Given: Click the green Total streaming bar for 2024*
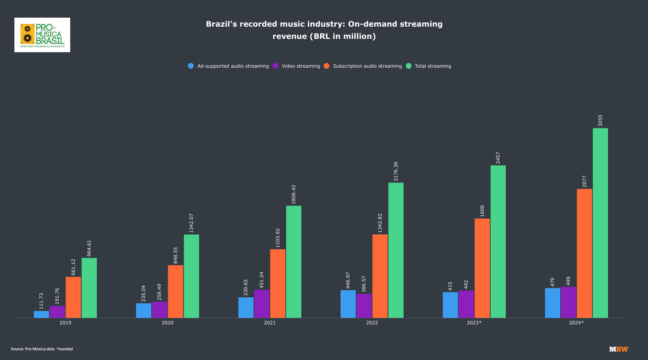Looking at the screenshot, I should tap(600, 223).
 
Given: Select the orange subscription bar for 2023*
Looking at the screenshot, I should tap(482, 268).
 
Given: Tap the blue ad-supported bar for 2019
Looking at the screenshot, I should tap(41, 314).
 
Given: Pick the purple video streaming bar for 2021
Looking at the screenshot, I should tap(262, 304).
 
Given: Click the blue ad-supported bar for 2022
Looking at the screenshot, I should tap(348, 304).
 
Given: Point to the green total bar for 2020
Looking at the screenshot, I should tap(191, 276).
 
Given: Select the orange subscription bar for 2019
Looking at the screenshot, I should tap(73, 297).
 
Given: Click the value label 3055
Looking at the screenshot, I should tap(600, 121).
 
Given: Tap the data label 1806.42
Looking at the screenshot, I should tap(293, 194).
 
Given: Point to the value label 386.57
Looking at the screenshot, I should tap(364, 284).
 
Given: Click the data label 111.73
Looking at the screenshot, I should tap(41, 301).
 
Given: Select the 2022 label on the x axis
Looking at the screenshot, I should tap(372, 323).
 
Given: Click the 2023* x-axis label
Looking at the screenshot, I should tap(474, 323).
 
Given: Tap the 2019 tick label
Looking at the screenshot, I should tap(65, 323).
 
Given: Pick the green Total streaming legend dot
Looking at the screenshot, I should tap(409, 66).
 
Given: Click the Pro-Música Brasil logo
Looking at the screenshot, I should tap(42, 35).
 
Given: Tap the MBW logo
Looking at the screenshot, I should tap(618, 349).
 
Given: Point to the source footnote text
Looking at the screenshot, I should tap(42, 349).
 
